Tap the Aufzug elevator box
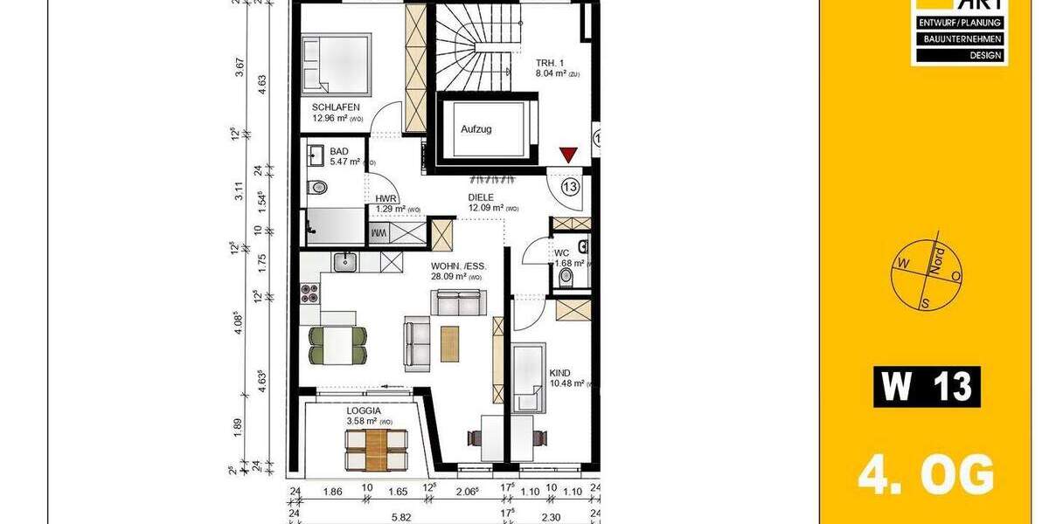(476, 129)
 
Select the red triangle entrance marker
(569, 155)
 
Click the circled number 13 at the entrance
(570, 186)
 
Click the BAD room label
(338, 151)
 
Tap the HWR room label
(386, 198)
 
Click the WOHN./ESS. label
(459, 266)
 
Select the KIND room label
(559, 373)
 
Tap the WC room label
(562, 253)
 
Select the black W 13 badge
(927, 386)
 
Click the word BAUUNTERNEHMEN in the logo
(959, 39)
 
